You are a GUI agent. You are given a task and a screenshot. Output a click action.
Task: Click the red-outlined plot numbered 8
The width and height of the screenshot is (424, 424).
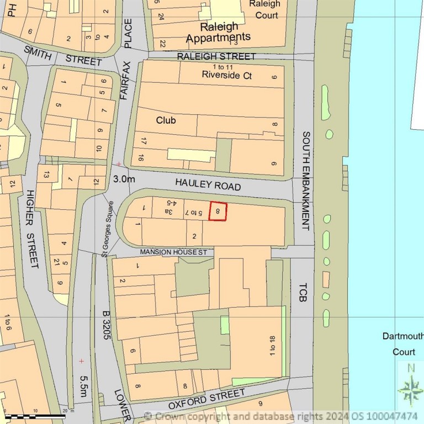coord(218,211)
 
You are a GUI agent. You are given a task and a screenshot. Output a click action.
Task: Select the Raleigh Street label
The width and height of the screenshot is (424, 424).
coord(216,56)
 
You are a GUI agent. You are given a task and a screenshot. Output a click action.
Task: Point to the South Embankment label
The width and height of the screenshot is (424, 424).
coord(306,181)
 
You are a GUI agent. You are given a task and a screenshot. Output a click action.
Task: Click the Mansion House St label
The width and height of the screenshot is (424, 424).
coord(173,252)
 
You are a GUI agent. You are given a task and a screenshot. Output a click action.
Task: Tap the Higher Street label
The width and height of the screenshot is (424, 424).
coord(31,229)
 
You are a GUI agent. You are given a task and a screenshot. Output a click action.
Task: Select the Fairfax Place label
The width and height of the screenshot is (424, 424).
coord(126,60)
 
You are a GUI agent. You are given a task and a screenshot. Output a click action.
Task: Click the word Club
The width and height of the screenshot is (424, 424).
coord(166,120)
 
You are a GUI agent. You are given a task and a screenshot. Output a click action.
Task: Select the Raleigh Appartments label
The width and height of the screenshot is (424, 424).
coord(219,32)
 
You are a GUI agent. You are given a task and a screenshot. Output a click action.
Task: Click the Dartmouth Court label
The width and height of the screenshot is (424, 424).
coord(404,343)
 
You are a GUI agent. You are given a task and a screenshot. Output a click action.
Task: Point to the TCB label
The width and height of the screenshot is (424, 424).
coord(301,291)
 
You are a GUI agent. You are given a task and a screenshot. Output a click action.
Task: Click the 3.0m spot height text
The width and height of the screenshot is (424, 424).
coord(124,179)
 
